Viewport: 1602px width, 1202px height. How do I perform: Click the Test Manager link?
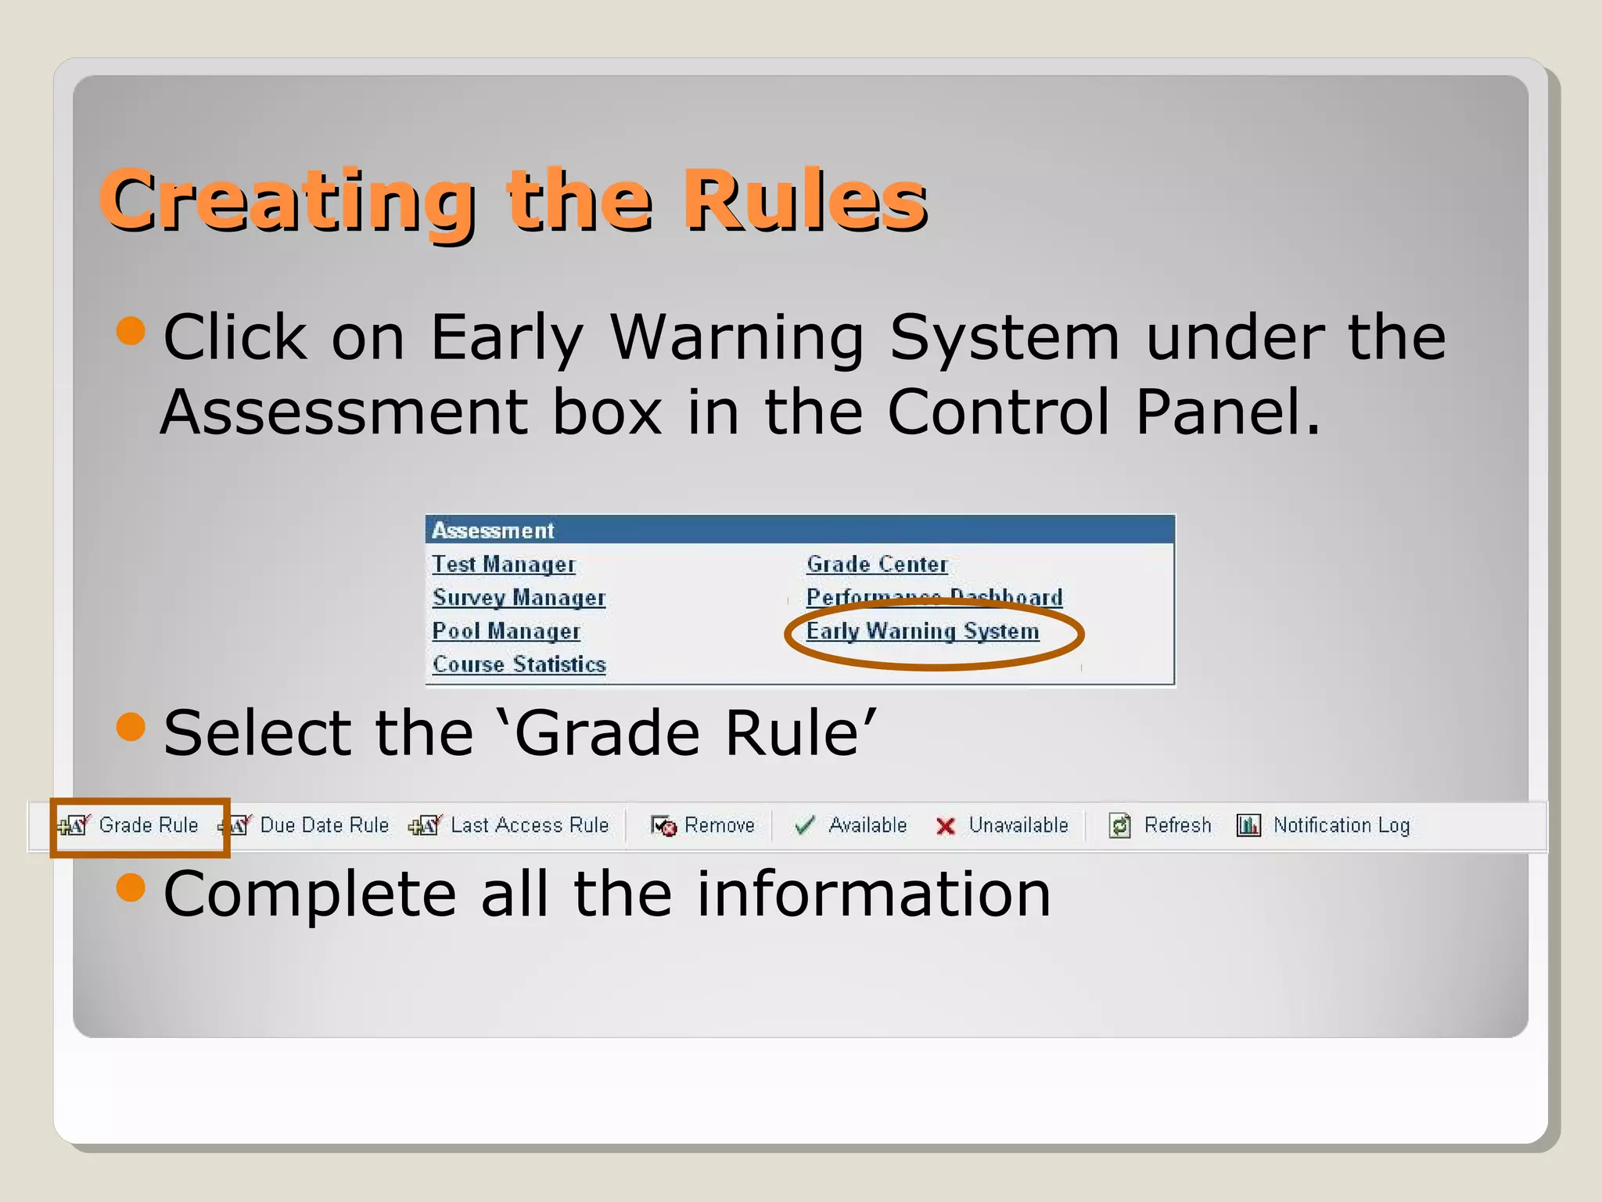pos(504,564)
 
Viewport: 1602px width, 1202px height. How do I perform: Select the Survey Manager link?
pos(519,598)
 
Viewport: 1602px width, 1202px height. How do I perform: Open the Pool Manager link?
pos(506,631)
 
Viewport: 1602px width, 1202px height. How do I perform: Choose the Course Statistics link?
pos(519,664)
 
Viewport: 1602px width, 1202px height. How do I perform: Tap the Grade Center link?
pos(877,564)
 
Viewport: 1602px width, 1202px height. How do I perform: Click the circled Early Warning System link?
pos(922,632)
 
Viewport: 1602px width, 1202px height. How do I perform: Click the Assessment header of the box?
pos(494,531)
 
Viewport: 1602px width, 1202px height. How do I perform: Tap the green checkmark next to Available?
pos(804,826)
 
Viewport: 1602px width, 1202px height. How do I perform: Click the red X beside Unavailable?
pos(946,826)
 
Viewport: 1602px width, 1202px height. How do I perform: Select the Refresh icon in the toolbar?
pos(1120,826)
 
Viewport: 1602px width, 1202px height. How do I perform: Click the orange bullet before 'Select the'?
pos(131,727)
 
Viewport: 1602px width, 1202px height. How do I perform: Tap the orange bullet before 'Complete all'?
pos(131,887)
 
